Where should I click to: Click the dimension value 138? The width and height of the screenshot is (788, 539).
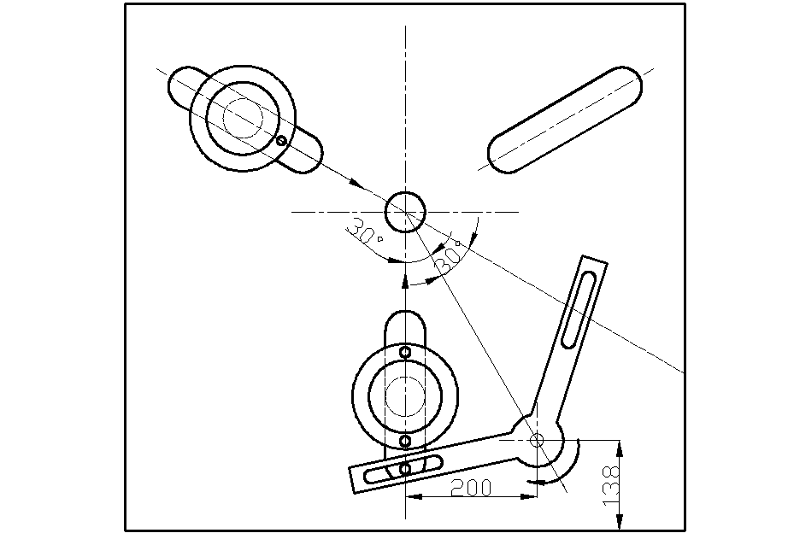[610, 485]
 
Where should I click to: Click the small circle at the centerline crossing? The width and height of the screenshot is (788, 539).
[405, 212]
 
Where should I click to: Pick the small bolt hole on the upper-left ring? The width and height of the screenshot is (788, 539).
[281, 141]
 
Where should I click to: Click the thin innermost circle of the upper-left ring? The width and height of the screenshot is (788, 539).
[243, 118]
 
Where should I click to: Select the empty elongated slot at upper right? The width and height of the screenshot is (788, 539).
[565, 120]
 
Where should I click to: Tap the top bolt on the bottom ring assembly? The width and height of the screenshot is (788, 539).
[405, 352]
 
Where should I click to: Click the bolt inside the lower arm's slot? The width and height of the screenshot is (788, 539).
[405, 469]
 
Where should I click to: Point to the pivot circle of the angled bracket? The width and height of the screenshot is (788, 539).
[537, 441]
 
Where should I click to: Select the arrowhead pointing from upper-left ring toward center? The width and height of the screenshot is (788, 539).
[356, 184]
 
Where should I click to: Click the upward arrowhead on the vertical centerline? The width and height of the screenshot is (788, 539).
[405, 280]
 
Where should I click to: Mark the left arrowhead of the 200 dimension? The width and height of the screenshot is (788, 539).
[415, 497]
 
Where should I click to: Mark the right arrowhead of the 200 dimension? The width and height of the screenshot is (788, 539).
[528, 497]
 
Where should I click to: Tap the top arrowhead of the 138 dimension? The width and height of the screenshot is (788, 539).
[620, 448]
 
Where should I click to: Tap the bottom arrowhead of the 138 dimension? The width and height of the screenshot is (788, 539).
[620, 521]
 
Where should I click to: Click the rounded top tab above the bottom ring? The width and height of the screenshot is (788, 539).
[405, 327]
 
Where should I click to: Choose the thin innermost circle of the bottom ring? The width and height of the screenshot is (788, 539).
[405, 395]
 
